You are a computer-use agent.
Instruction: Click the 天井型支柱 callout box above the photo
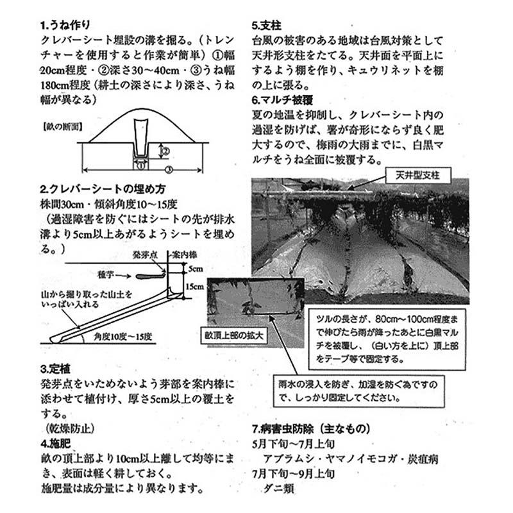coord(418,175)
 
